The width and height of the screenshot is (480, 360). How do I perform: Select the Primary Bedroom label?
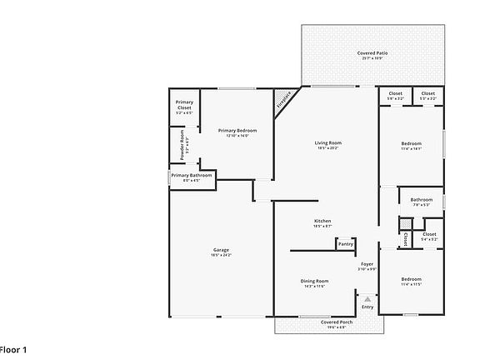coord(237,131)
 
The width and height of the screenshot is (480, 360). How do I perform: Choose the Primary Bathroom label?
coord(192,175)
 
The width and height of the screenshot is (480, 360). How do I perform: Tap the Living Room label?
coord(328,142)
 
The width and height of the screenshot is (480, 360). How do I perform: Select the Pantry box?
coord(345,244)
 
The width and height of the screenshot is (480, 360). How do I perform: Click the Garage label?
coord(222,250)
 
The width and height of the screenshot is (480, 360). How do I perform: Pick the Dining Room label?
coord(314,281)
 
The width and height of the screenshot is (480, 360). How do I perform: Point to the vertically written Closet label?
coord(405,238)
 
